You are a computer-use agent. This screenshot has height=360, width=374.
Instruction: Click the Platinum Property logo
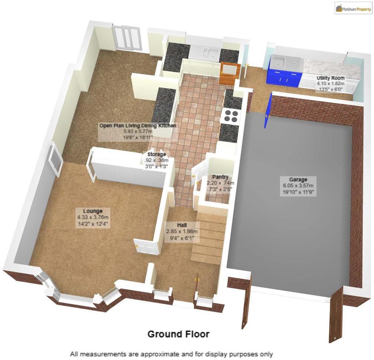click(x=353, y=8)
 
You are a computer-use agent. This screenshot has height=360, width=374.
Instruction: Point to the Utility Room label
click(x=330, y=78)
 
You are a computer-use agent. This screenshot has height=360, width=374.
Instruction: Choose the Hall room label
click(x=182, y=225)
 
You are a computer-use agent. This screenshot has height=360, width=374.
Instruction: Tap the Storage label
click(x=157, y=155)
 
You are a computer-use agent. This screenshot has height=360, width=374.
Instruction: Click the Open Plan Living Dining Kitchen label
click(x=138, y=126)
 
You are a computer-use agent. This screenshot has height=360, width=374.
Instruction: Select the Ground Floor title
click(x=178, y=334)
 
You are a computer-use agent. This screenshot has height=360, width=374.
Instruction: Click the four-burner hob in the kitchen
click(x=230, y=116)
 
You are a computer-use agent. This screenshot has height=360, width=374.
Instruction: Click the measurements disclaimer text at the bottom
click(x=171, y=354)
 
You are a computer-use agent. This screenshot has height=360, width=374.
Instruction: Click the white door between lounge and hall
click(x=147, y=246)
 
